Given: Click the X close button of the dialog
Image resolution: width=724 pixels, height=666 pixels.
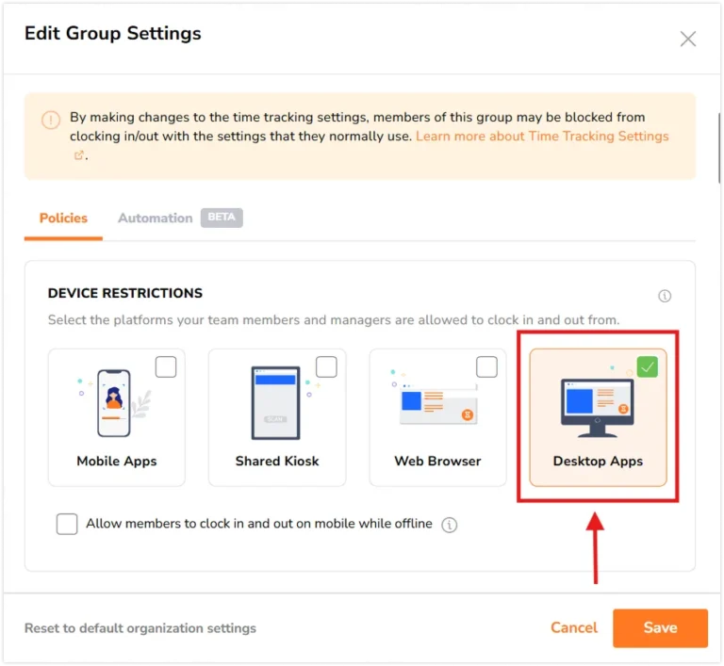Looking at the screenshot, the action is pos(687,40).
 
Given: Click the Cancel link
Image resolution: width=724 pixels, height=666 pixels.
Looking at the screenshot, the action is pos(573,627).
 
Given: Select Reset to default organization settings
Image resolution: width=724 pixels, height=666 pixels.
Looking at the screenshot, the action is pos(140,628).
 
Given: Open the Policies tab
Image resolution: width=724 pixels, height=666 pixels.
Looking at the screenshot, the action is pos(63,218).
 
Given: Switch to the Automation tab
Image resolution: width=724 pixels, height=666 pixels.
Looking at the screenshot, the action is pos(156,218).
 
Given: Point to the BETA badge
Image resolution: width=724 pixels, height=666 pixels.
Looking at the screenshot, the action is pos(222,218).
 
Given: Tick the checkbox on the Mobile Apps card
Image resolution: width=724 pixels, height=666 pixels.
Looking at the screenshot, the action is pos(166,367).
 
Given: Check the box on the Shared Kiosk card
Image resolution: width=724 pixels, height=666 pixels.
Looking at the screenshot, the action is pos(326,367).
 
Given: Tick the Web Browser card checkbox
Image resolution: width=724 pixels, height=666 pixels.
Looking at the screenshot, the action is pos(486,367).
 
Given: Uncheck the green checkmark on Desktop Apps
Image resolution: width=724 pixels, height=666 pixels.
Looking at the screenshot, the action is pos(648,367).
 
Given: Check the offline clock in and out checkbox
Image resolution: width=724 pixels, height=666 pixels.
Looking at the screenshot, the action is pos(67,525).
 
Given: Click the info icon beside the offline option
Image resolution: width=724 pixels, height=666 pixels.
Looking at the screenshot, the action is pos(450,525).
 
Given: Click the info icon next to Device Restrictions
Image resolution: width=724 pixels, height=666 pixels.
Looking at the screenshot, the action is pos(665,296).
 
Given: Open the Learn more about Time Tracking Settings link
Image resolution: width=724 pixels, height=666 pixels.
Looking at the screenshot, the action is pos(542,137).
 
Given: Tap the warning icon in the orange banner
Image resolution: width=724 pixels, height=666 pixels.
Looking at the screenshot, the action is pos(51,120).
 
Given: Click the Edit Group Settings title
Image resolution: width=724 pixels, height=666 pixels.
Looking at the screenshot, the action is pos(113,34).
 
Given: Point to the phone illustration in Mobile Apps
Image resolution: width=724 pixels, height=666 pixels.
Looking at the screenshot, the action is pos(113,403).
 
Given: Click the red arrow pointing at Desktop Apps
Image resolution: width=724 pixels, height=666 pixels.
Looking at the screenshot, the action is pos(596,548).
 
